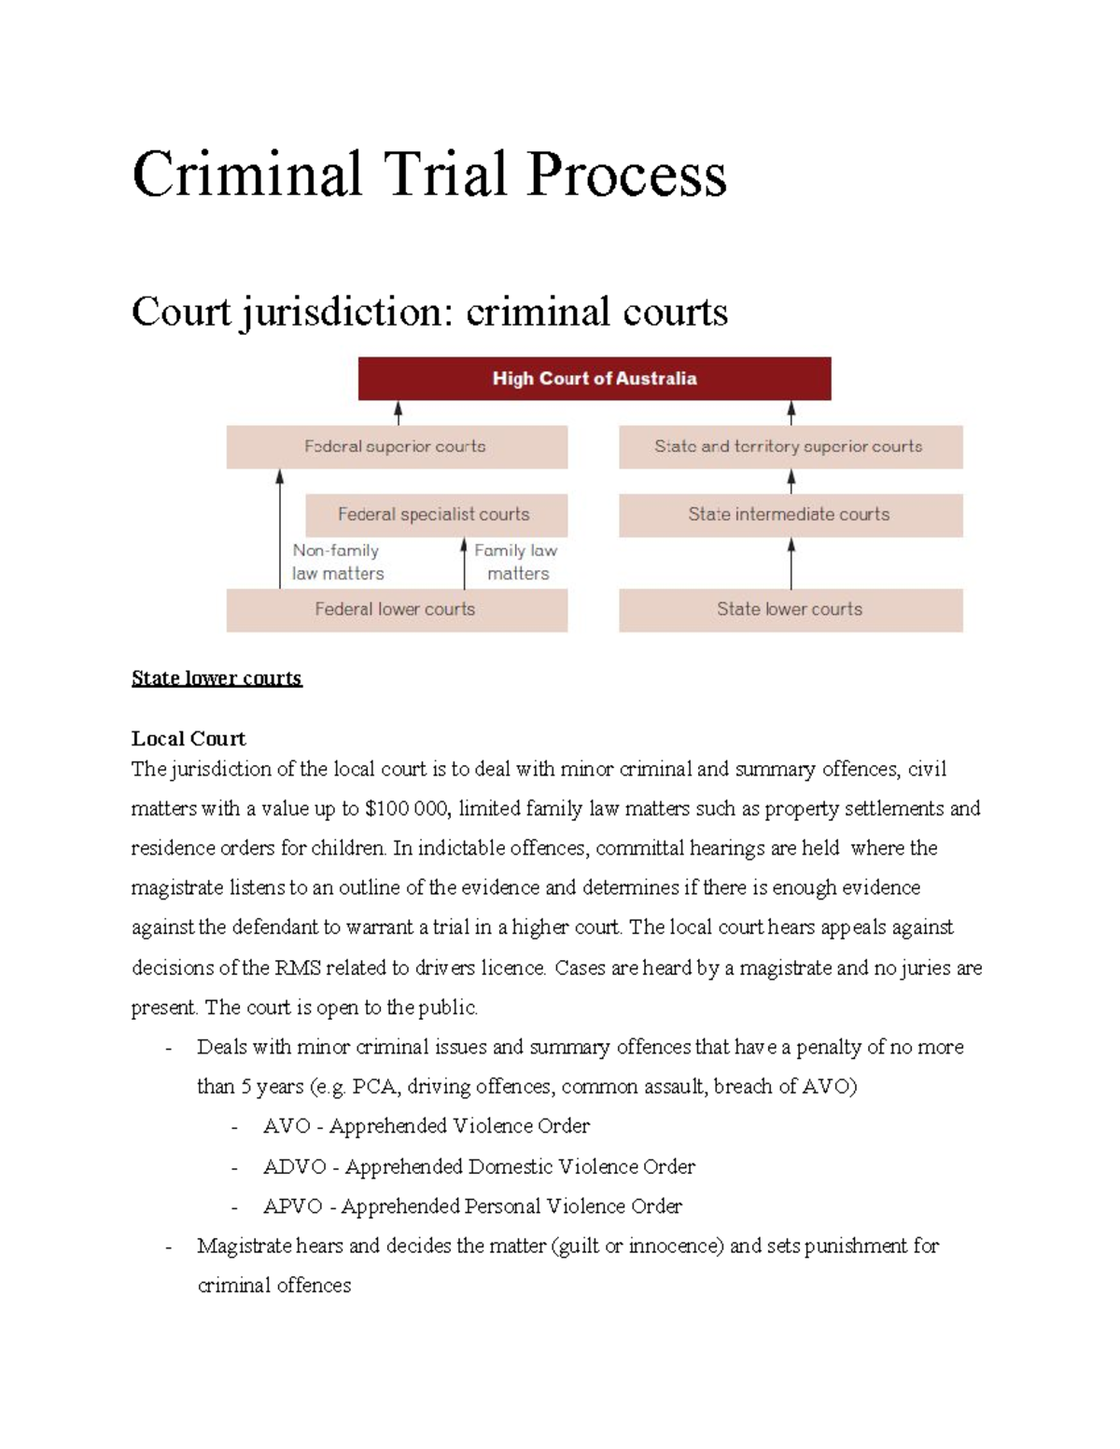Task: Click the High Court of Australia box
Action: [595, 379]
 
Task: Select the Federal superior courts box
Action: [396, 447]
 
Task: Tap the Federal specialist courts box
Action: [434, 514]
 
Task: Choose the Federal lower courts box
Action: [396, 609]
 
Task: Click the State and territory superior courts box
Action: [790, 447]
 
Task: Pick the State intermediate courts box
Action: [790, 514]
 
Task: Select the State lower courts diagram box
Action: [790, 609]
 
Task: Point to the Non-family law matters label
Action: [337, 562]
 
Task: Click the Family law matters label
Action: [516, 562]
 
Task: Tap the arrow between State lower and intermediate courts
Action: [791, 563]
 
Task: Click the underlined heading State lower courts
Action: [217, 678]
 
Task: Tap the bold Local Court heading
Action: [189, 739]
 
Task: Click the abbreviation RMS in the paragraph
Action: [297, 968]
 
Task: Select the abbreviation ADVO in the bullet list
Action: [294, 1167]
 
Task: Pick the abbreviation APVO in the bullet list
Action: [292, 1206]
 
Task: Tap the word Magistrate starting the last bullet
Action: [245, 1247]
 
